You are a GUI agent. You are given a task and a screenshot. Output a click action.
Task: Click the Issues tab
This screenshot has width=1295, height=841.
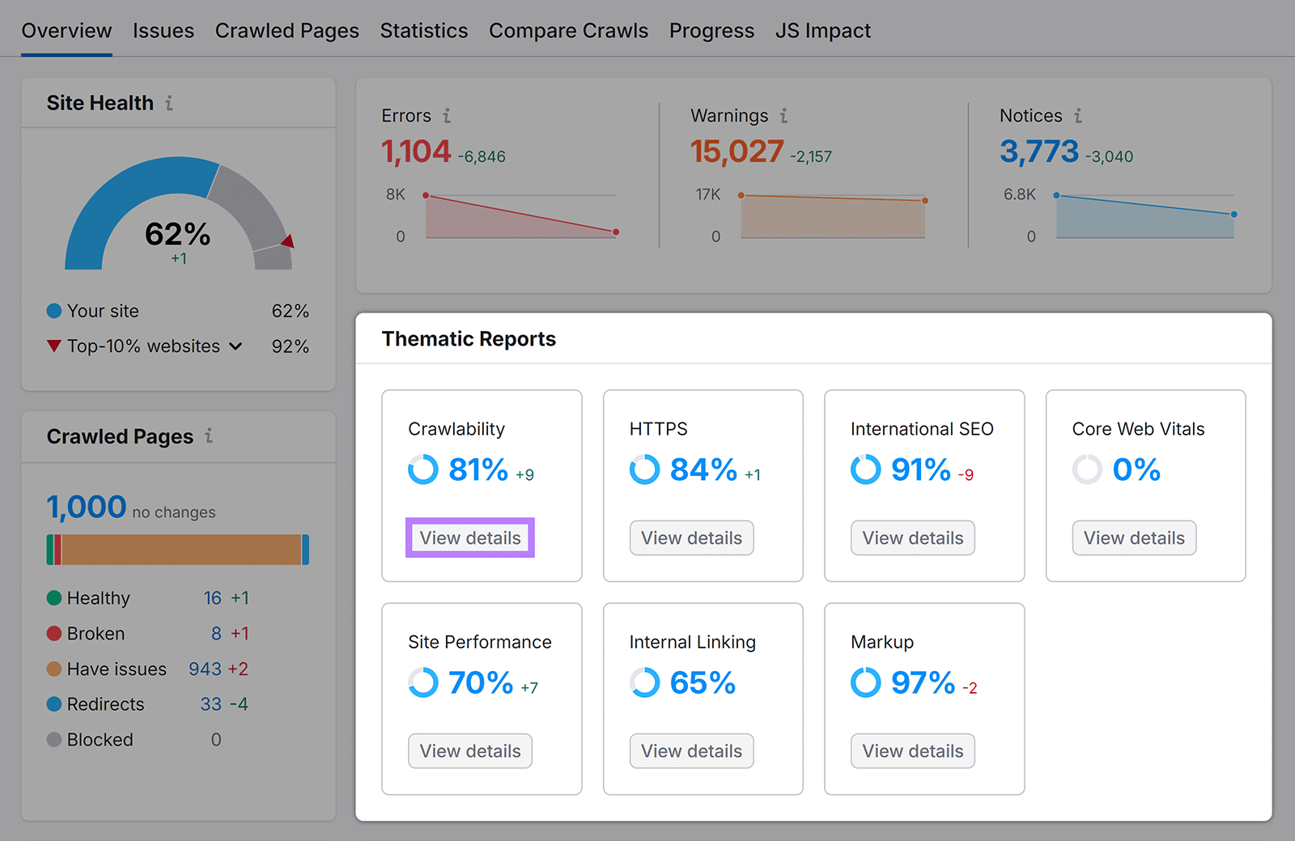click(x=163, y=31)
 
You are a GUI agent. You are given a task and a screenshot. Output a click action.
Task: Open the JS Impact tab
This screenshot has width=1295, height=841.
click(x=822, y=31)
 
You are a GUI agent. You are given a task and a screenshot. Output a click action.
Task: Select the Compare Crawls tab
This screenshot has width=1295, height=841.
click(x=568, y=31)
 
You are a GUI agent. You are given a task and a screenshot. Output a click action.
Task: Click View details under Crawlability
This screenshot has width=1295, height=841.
click(x=470, y=538)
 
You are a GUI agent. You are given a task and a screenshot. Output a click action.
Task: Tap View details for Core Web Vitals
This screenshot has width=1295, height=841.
click(x=1134, y=538)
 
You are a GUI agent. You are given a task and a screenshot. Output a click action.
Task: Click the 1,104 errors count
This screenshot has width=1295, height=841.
click(x=416, y=151)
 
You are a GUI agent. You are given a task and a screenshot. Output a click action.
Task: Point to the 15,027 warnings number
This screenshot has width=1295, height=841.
click(x=737, y=151)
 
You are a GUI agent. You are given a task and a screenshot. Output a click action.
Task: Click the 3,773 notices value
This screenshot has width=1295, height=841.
click(x=1039, y=151)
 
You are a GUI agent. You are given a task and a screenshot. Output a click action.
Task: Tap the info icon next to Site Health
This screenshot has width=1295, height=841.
click(x=169, y=103)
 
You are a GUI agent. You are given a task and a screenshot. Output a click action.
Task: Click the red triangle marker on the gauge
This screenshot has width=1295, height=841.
click(x=288, y=240)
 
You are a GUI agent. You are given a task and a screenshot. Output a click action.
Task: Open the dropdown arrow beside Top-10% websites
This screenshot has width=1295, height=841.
click(x=236, y=346)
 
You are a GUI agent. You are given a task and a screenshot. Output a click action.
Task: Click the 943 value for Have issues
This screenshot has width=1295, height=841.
click(x=205, y=669)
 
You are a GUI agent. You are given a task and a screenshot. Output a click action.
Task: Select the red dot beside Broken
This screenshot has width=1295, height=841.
click(x=54, y=634)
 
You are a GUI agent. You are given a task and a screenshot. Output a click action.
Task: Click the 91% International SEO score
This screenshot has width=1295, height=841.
click(x=920, y=469)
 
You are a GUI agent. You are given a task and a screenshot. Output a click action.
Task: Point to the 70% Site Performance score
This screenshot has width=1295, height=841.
click(x=481, y=683)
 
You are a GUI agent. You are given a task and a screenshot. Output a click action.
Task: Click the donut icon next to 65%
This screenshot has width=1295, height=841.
click(x=645, y=682)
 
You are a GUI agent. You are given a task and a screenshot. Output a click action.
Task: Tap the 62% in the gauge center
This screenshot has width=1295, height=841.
click(x=177, y=235)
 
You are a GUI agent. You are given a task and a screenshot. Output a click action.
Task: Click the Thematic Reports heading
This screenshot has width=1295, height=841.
click(x=469, y=339)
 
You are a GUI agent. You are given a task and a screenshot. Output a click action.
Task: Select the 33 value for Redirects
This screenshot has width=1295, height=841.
click(x=210, y=704)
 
